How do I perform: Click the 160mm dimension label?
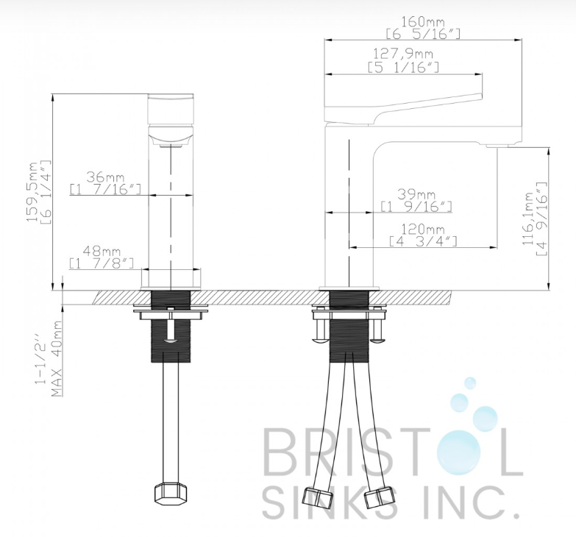[422, 21]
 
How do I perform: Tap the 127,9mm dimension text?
[403, 54]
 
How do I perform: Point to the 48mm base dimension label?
[102, 252]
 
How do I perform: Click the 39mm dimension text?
[416, 194]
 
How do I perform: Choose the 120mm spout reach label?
[422, 230]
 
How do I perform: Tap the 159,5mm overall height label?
[33, 191]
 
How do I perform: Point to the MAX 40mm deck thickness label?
[56, 359]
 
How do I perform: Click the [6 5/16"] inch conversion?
[423, 34]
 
